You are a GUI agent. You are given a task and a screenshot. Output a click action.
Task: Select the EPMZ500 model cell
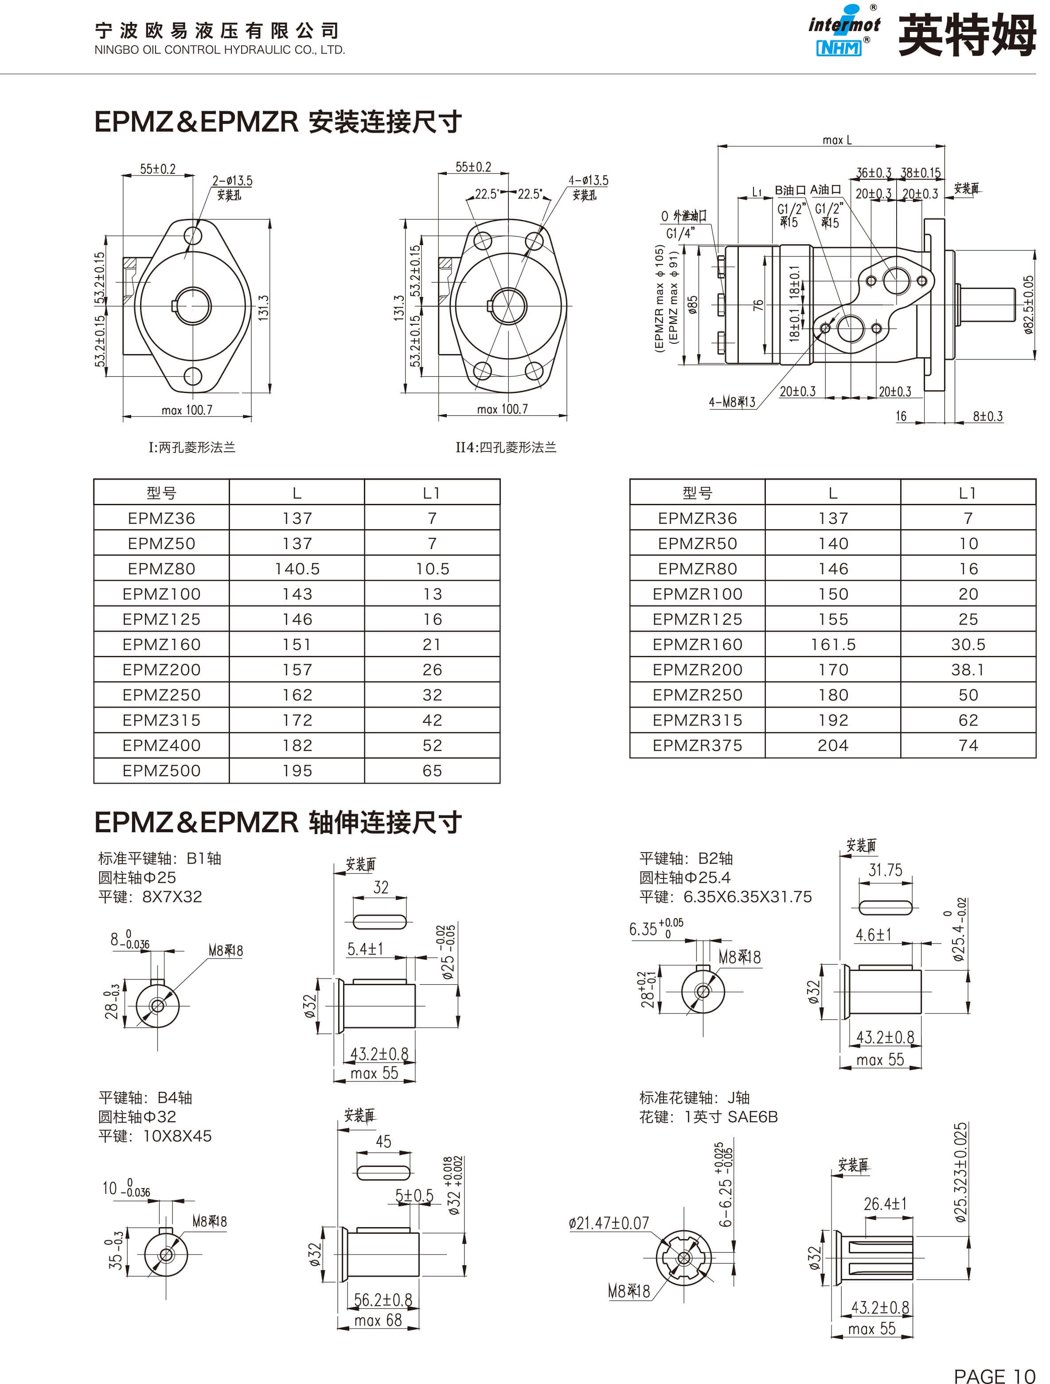click(x=161, y=771)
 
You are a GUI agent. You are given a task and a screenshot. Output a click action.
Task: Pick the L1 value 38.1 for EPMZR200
click(x=968, y=670)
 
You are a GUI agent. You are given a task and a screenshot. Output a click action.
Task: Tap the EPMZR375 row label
click(x=697, y=745)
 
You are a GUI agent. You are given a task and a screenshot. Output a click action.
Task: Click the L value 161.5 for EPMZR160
click(x=833, y=644)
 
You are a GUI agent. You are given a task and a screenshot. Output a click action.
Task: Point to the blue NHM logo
click(x=839, y=47)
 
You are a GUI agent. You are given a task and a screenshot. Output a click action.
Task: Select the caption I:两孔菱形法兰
click(x=191, y=447)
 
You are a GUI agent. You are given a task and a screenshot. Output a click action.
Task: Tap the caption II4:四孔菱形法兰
click(x=506, y=447)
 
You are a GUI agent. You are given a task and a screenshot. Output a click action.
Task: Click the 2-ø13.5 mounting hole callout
click(x=232, y=181)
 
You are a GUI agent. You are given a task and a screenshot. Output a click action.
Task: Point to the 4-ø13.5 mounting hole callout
click(x=588, y=180)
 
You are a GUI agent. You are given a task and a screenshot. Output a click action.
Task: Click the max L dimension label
click(x=837, y=140)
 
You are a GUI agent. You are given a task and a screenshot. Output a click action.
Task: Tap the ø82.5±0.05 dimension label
click(x=1029, y=305)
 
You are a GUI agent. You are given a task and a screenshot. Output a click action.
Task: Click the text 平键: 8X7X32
click(x=150, y=897)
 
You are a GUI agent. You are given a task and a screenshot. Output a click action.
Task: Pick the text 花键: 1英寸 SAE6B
click(x=708, y=1117)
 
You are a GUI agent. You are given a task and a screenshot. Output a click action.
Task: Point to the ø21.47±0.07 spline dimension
click(x=609, y=1223)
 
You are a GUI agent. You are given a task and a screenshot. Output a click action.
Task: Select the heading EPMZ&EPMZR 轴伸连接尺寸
click(x=278, y=822)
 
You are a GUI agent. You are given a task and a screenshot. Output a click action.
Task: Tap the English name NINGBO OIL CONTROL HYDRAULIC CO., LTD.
click(x=220, y=50)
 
